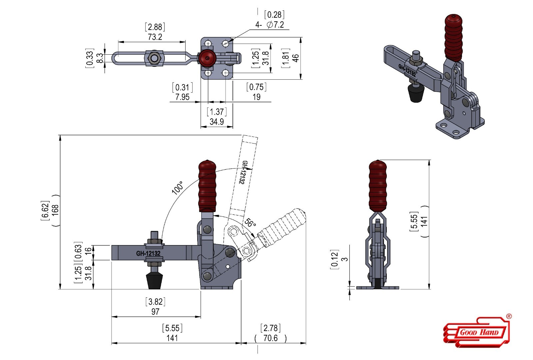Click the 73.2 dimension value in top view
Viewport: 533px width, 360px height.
155,37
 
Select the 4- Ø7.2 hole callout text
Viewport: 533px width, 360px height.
270,25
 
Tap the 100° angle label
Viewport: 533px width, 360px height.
178,188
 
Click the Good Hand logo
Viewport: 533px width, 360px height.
477,332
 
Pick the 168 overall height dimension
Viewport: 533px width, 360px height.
55,210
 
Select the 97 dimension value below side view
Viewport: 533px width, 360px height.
155,312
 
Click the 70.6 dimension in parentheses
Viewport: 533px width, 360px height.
270,338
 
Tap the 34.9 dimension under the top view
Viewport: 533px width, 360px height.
217,122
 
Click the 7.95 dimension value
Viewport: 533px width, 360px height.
182,97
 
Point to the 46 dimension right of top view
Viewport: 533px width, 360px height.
295,58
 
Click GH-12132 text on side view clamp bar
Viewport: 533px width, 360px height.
148,254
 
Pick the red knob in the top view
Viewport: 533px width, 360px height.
207,59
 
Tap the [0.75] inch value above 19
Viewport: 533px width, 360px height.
256,87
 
